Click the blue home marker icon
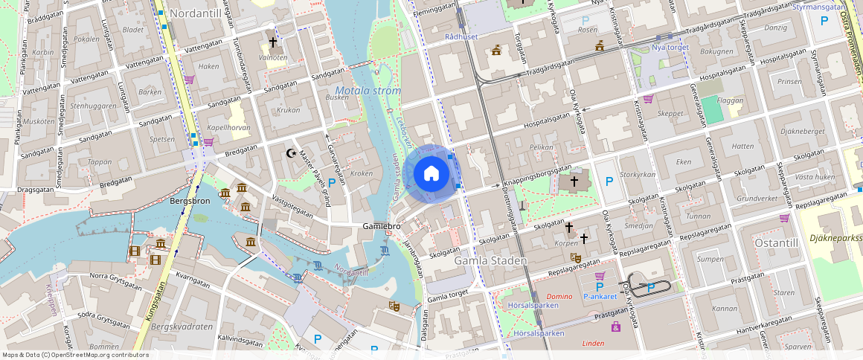(x=431, y=174)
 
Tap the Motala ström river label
(x=363, y=91)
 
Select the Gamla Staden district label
(x=490, y=261)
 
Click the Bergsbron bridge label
(x=190, y=201)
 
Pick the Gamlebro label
(x=382, y=225)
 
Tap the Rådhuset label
(x=460, y=36)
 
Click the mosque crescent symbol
(x=292, y=154)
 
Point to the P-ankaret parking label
(x=600, y=296)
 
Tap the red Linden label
(x=593, y=343)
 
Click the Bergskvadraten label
(x=182, y=327)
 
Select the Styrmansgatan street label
(x=819, y=7)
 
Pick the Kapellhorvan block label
(x=227, y=128)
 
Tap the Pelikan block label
(x=541, y=147)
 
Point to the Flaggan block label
(x=731, y=99)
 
